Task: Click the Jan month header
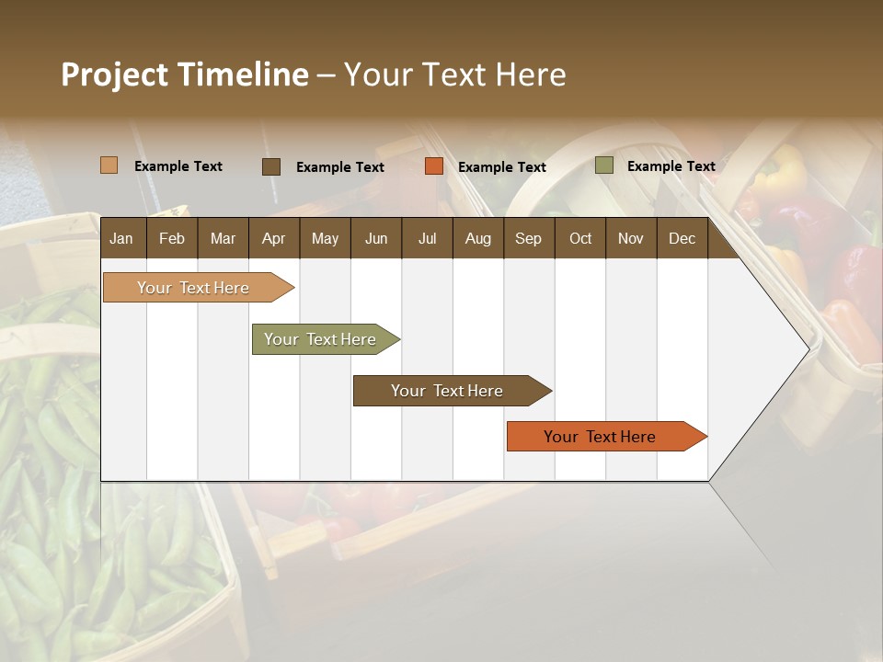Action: (x=121, y=239)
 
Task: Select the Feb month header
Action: (x=172, y=239)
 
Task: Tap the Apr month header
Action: (x=273, y=239)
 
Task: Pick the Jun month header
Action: (x=376, y=239)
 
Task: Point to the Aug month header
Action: (x=477, y=239)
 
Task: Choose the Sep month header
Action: (x=528, y=239)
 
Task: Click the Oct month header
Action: (x=580, y=239)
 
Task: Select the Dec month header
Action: (x=682, y=239)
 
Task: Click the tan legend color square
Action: (x=109, y=165)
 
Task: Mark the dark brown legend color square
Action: (x=270, y=166)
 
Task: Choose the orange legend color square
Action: (x=433, y=166)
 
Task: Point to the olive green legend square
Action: (x=603, y=165)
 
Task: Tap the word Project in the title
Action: (x=114, y=74)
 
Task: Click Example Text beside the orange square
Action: (x=501, y=167)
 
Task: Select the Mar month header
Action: (x=223, y=239)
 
